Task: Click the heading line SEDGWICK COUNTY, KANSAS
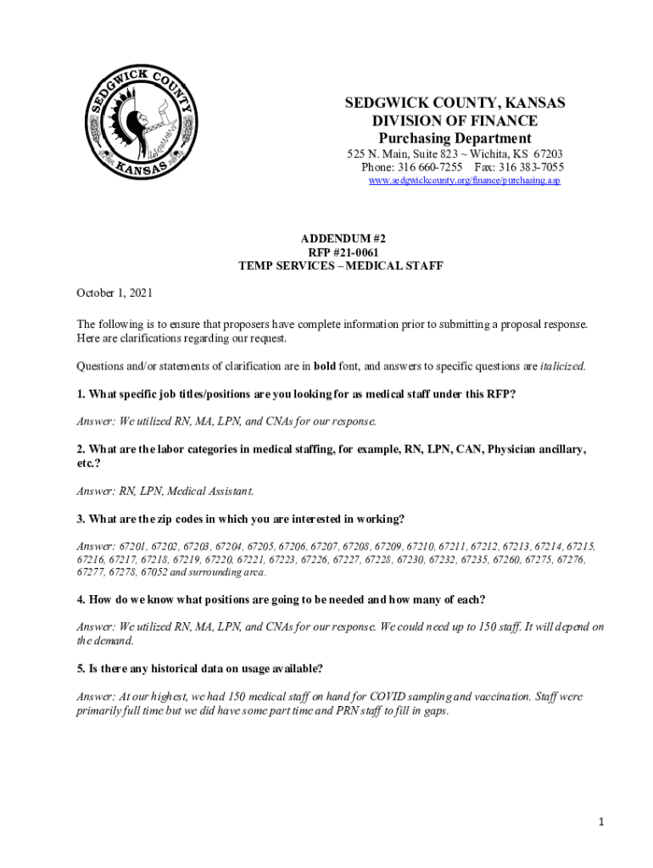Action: click(x=455, y=103)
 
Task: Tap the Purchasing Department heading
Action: click(x=455, y=138)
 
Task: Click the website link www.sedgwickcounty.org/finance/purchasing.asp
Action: click(x=464, y=181)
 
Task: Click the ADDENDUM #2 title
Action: click(x=338, y=239)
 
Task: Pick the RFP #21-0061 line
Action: click(x=338, y=253)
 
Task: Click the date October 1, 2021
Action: click(x=114, y=292)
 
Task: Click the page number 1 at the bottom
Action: click(x=599, y=821)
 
